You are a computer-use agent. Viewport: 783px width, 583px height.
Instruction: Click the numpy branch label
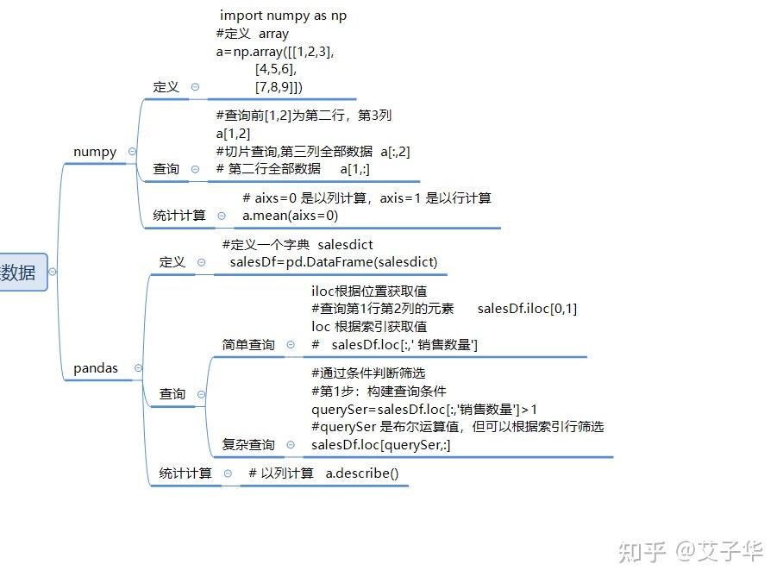click(x=95, y=152)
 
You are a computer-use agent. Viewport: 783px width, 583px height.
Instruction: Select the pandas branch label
click(x=96, y=368)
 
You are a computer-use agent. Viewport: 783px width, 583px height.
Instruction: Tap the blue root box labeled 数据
click(x=23, y=273)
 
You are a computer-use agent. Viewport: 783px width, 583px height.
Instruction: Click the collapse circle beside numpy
click(x=132, y=152)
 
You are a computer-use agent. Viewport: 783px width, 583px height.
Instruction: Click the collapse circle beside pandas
click(x=139, y=368)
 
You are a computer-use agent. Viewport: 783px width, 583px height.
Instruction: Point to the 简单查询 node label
click(x=248, y=345)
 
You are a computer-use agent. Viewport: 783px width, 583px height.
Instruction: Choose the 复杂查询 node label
click(x=248, y=445)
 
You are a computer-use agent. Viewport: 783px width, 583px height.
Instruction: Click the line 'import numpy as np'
click(x=283, y=16)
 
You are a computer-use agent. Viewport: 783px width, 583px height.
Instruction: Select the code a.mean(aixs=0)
click(x=290, y=216)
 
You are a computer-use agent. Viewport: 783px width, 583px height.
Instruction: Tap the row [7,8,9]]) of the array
click(x=279, y=87)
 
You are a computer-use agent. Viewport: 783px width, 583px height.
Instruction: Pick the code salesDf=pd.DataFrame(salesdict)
click(x=334, y=262)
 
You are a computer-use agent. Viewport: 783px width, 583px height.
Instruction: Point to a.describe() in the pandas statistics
click(x=362, y=473)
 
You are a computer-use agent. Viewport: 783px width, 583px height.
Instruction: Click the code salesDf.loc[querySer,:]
click(x=380, y=445)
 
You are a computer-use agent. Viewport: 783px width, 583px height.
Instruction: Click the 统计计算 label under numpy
click(x=179, y=216)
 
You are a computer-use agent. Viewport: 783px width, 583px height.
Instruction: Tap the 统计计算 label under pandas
click(x=185, y=473)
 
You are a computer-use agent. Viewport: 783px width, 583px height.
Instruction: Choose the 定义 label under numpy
click(x=166, y=87)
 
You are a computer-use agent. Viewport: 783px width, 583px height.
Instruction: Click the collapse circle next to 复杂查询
click(x=291, y=445)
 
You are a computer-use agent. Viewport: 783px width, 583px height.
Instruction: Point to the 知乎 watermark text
click(x=642, y=552)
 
